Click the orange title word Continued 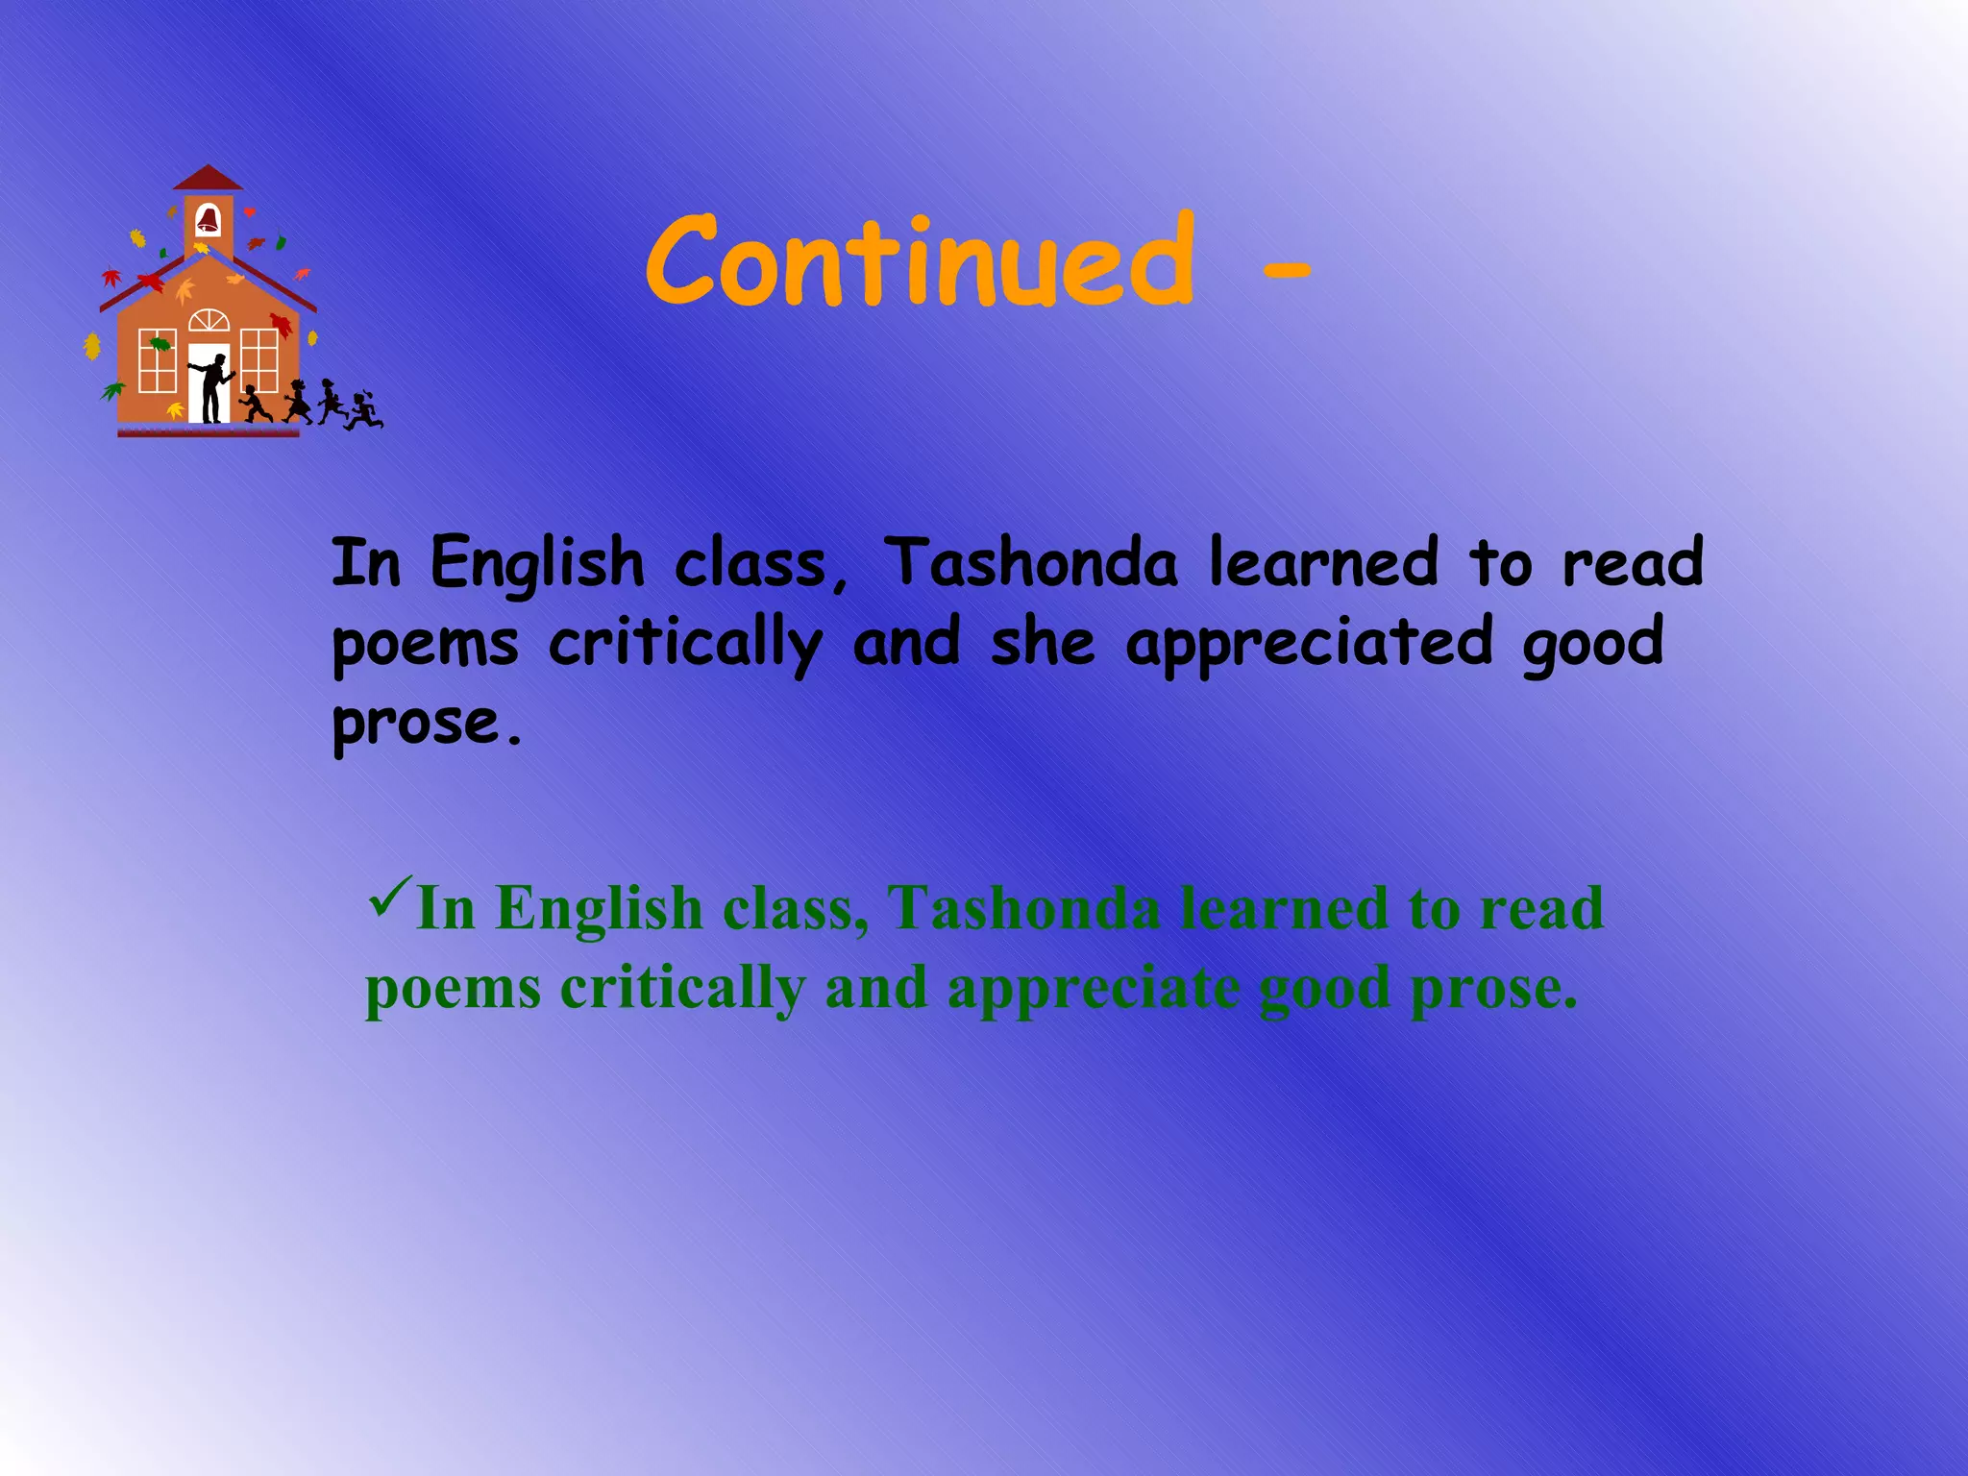coord(921,261)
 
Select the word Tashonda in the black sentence coord(1030,563)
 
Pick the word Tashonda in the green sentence coord(1022,908)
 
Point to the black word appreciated coord(1310,644)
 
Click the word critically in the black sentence coord(685,644)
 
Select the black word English coord(536,565)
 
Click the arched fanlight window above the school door coord(209,321)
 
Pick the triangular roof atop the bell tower coord(208,179)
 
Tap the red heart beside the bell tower coord(250,211)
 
